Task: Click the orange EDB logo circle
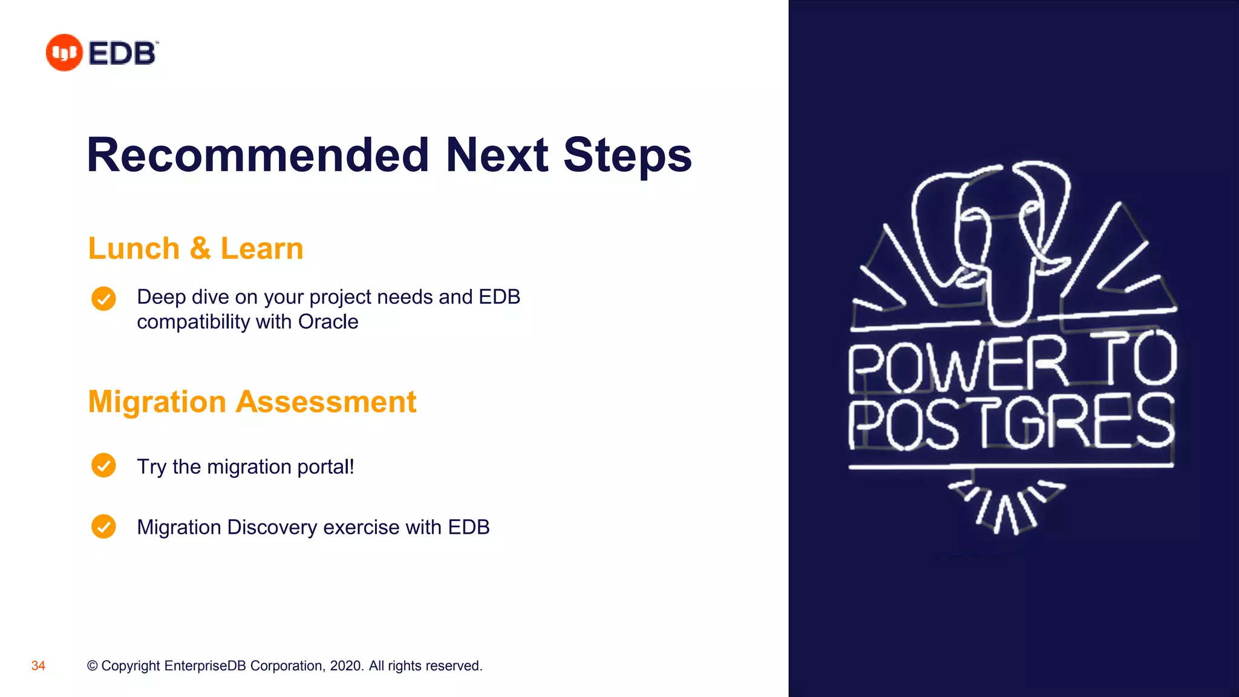tap(64, 53)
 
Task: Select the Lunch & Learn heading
tap(195, 249)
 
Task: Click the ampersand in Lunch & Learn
tap(200, 249)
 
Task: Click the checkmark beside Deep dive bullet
tap(103, 298)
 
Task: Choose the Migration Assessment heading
tap(252, 402)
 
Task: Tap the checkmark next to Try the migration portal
tap(103, 465)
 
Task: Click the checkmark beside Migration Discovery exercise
tap(103, 526)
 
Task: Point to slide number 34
tap(38, 666)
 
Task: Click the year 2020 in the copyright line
tap(347, 666)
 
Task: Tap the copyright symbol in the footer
tap(92, 666)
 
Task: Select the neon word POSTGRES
tap(1010, 422)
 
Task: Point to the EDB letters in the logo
tap(123, 53)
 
